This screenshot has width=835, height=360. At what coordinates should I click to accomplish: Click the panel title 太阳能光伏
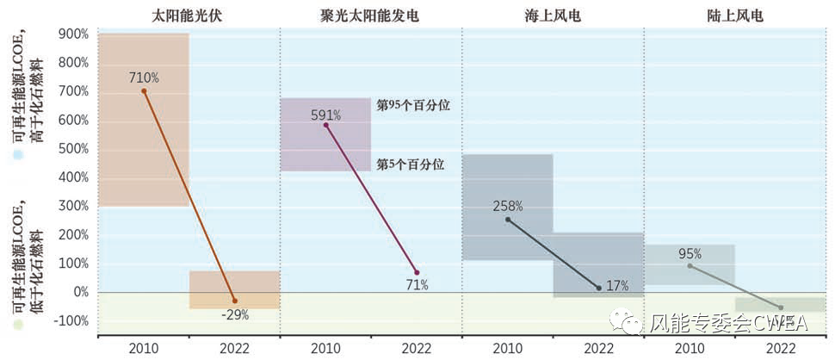point(189,15)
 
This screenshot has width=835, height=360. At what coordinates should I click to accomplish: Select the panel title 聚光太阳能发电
point(370,15)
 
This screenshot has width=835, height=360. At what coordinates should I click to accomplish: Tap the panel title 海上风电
point(553,15)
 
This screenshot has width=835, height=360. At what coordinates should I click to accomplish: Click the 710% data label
point(144,78)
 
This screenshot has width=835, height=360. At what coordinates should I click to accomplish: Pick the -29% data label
point(234,315)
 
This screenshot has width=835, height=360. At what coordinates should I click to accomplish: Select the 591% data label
point(325,114)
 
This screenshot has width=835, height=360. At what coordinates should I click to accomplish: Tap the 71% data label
point(417,285)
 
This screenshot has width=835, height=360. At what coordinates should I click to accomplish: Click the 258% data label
point(507,206)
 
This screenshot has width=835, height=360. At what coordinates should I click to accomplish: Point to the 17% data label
point(616,286)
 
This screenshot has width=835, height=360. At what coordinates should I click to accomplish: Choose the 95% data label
point(690,253)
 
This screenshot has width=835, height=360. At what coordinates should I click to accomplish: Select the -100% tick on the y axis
point(71,321)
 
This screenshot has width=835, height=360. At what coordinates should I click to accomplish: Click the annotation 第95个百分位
point(414,105)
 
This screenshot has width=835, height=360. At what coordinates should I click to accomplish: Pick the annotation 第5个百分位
point(411,164)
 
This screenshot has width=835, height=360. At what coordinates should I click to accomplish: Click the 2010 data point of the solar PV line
point(144,90)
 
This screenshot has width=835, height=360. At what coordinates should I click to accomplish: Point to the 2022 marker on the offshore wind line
point(598,288)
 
